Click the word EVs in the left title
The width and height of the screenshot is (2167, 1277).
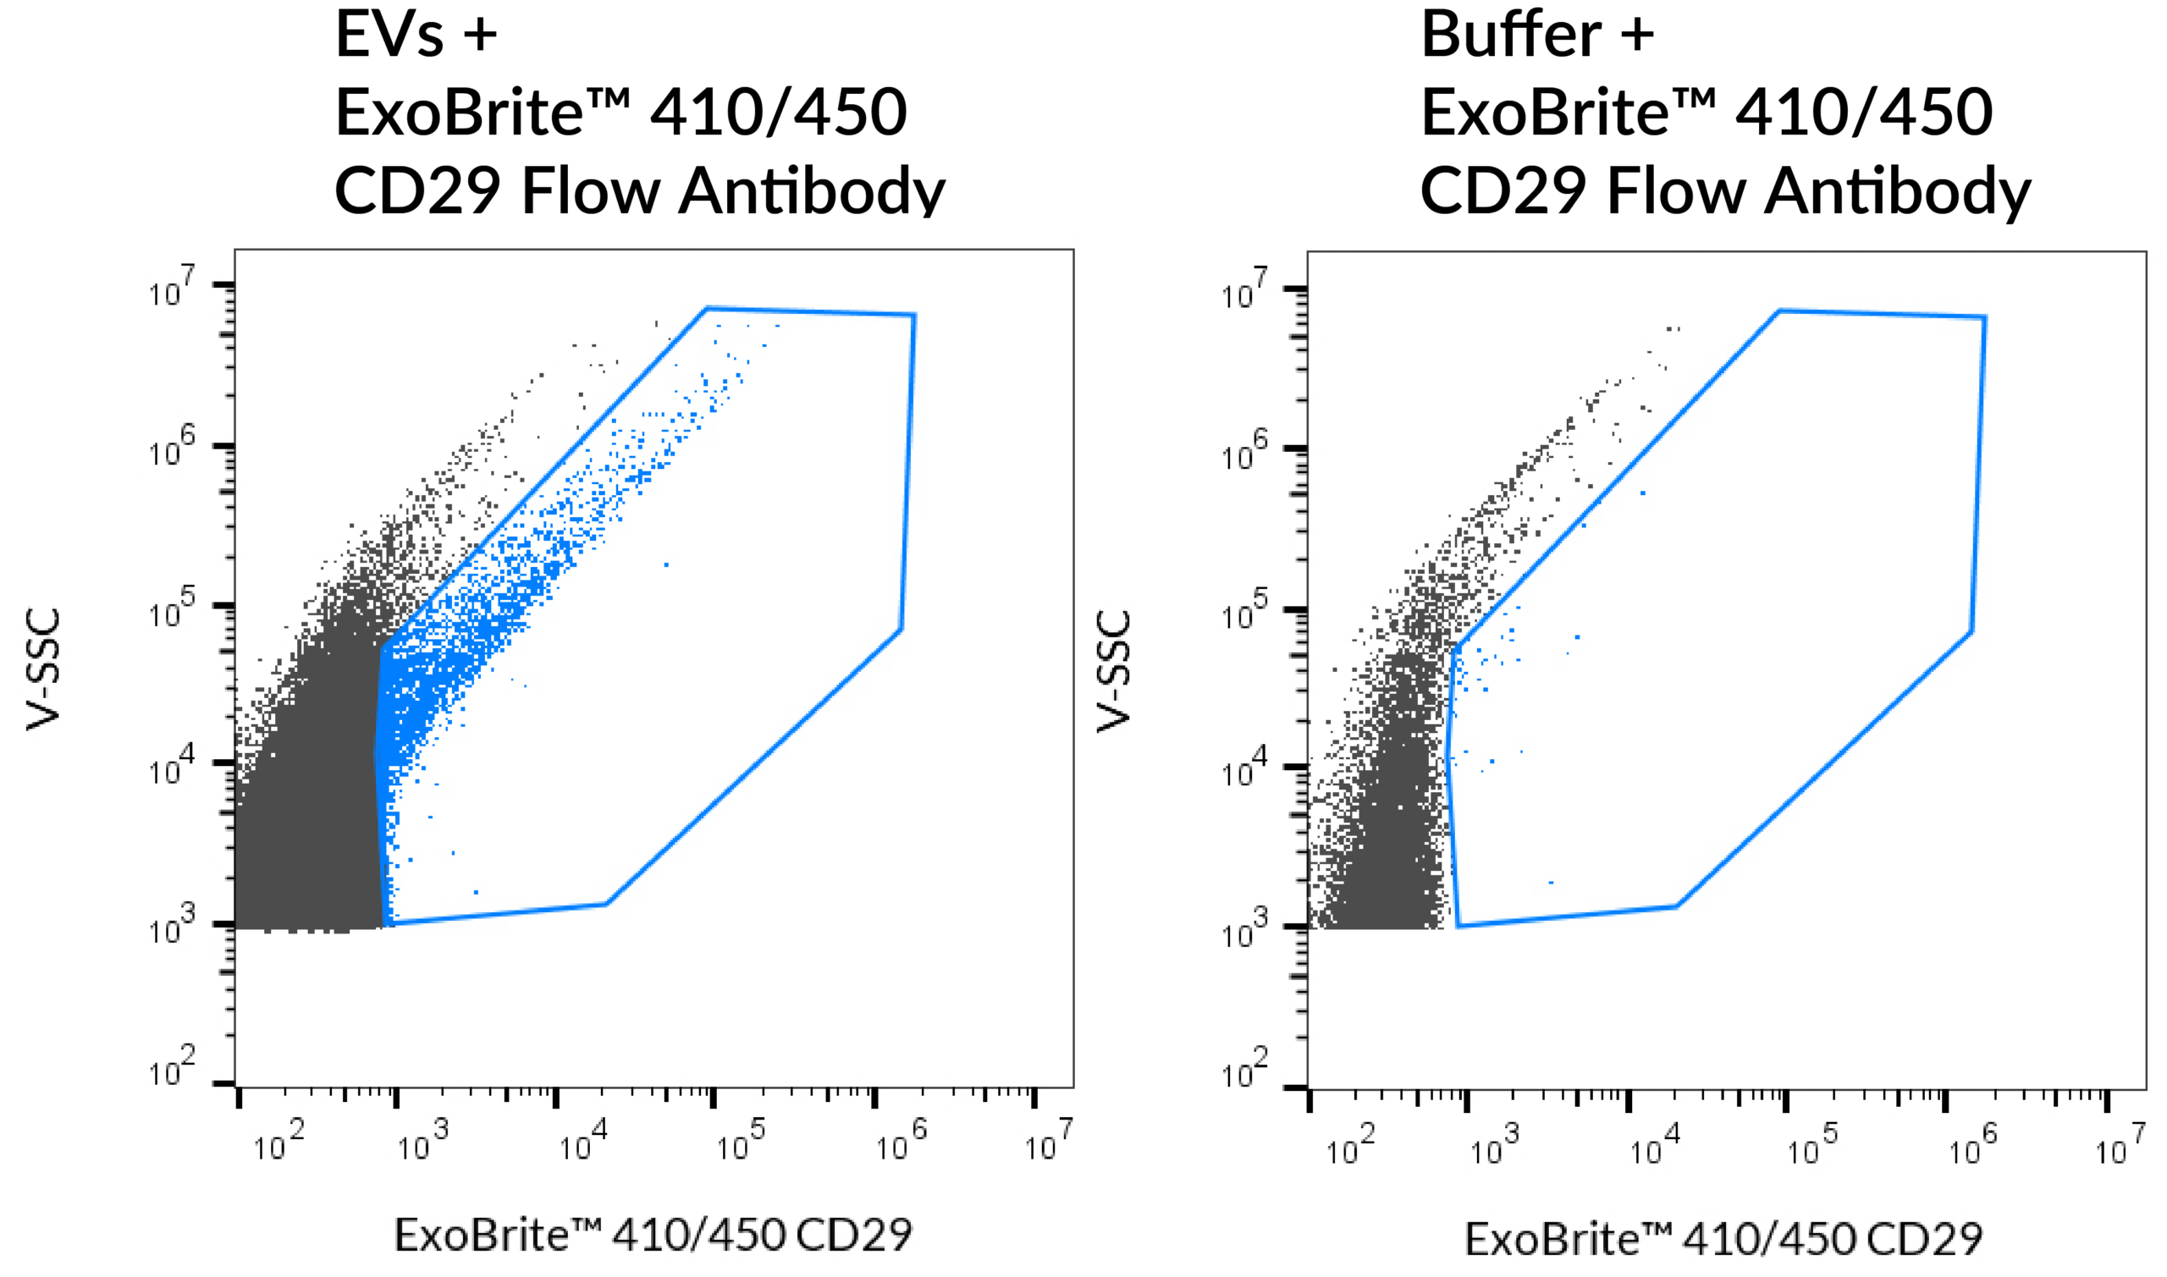[389, 36]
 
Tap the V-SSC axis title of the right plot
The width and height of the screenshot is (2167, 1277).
[1114, 671]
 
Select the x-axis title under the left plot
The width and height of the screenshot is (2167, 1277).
[653, 1235]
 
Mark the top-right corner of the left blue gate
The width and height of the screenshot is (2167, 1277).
[914, 315]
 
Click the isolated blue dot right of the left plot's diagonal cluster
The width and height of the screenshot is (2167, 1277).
[666, 564]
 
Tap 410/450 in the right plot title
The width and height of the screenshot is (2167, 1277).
[1864, 113]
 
